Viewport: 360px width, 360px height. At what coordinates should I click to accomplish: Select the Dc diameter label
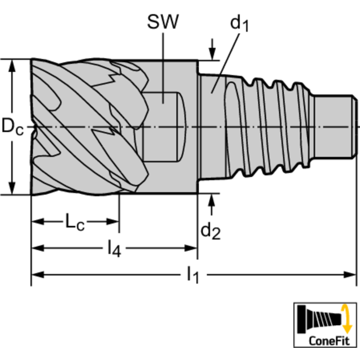click(12, 127)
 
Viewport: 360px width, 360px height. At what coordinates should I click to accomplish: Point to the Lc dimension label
click(75, 222)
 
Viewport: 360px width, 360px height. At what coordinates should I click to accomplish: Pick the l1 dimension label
click(192, 274)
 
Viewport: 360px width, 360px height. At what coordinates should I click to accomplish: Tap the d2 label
click(211, 231)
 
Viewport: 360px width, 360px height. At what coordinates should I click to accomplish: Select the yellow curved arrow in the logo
click(346, 318)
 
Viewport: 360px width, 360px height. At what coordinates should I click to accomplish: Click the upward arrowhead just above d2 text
click(213, 201)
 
